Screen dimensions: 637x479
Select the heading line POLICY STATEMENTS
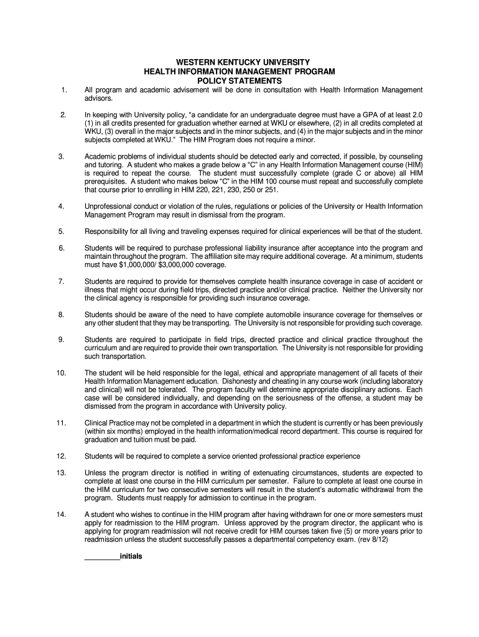pos(240,81)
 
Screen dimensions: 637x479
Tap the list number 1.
pos(63,90)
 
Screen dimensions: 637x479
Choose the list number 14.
pos(61,514)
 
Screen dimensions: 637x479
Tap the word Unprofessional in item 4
pos(109,206)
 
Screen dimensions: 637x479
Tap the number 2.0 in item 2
pos(417,115)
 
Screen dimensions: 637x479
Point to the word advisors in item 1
pos(98,99)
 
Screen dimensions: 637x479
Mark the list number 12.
pos(61,456)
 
